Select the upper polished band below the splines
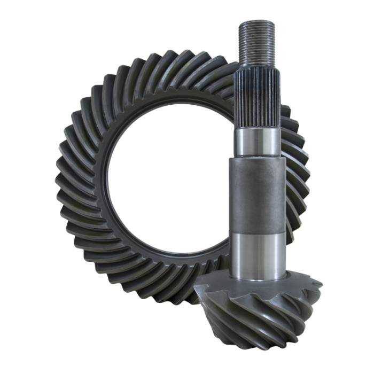pos(256,142)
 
